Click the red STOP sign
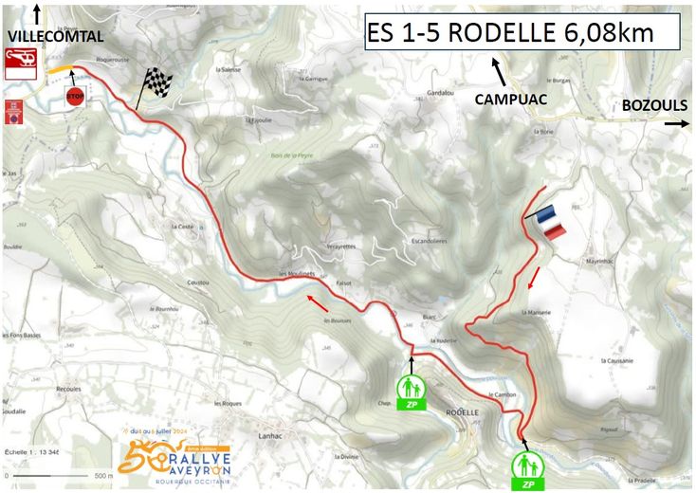pyautogui.click(x=76, y=97)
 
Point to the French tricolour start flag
pyautogui.click(x=548, y=222)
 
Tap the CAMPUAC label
pyautogui.click(x=513, y=98)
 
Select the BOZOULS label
pyautogui.click(x=650, y=106)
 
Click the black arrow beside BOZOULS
pyautogui.click(x=676, y=123)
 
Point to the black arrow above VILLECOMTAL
pyautogui.click(x=37, y=13)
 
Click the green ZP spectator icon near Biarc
pyautogui.click(x=411, y=391)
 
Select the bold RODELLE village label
pyautogui.click(x=461, y=412)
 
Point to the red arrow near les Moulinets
pyautogui.click(x=318, y=302)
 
